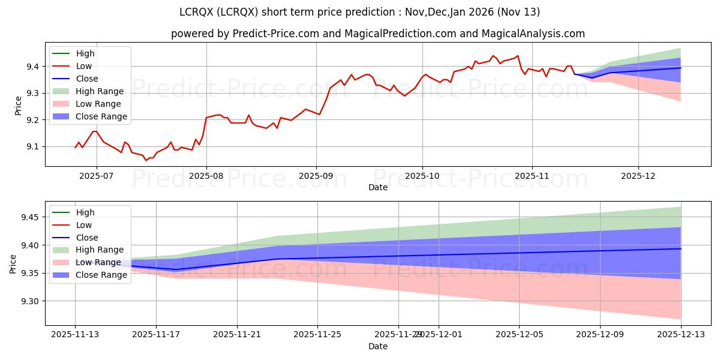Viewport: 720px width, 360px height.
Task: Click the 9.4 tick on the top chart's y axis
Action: click(x=34, y=67)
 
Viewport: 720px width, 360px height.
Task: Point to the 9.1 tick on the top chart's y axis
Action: click(x=34, y=147)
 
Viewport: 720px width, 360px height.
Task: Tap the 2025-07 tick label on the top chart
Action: click(x=97, y=176)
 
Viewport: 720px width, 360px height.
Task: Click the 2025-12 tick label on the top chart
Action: click(x=638, y=176)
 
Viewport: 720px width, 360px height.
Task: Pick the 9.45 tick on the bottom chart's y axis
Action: click(x=28, y=217)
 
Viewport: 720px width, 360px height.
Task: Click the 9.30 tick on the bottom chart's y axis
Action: click(x=28, y=301)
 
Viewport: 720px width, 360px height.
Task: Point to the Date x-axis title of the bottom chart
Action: click(x=378, y=346)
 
